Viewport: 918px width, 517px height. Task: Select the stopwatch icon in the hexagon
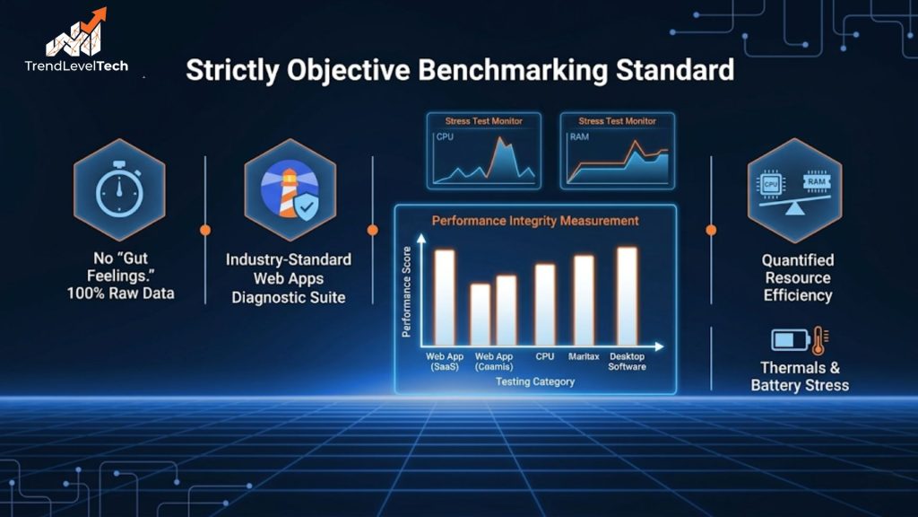[x=118, y=190]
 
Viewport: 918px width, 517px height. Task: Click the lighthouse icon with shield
[x=289, y=190]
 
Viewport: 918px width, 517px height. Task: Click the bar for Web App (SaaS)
[x=445, y=297]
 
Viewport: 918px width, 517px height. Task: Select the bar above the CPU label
[x=545, y=304]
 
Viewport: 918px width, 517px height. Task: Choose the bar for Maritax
[x=584, y=300]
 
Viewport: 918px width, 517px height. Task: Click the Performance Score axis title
[x=407, y=292]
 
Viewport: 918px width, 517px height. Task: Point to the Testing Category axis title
[x=534, y=381]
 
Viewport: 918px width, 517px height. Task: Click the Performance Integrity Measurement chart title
[x=535, y=220]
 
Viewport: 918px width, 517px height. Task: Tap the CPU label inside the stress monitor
[x=446, y=137]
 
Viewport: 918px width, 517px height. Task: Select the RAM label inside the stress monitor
[x=579, y=137]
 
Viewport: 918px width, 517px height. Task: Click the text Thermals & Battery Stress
[x=800, y=376]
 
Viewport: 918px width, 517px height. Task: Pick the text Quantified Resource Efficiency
[x=797, y=277]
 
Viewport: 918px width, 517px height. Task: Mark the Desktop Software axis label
[x=627, y=362]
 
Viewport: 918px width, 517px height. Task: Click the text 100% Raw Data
[x=120, y=294]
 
